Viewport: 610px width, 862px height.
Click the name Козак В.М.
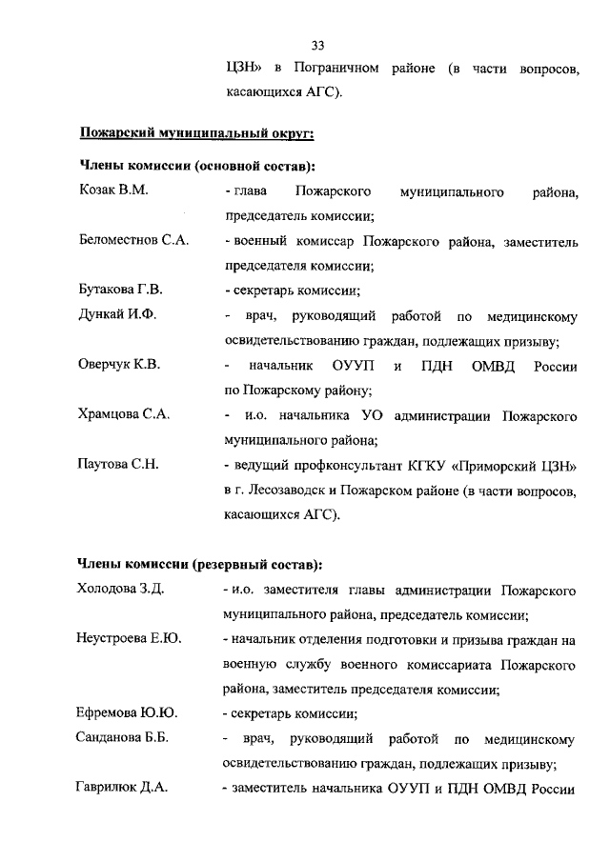(x=113, y=191)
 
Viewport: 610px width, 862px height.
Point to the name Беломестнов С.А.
(x=132, y=241)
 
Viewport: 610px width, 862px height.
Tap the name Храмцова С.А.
(x=123, y=414)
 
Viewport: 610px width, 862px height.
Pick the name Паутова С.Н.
(x=117, y=464)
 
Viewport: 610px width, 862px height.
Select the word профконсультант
(x=345, y=465)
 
